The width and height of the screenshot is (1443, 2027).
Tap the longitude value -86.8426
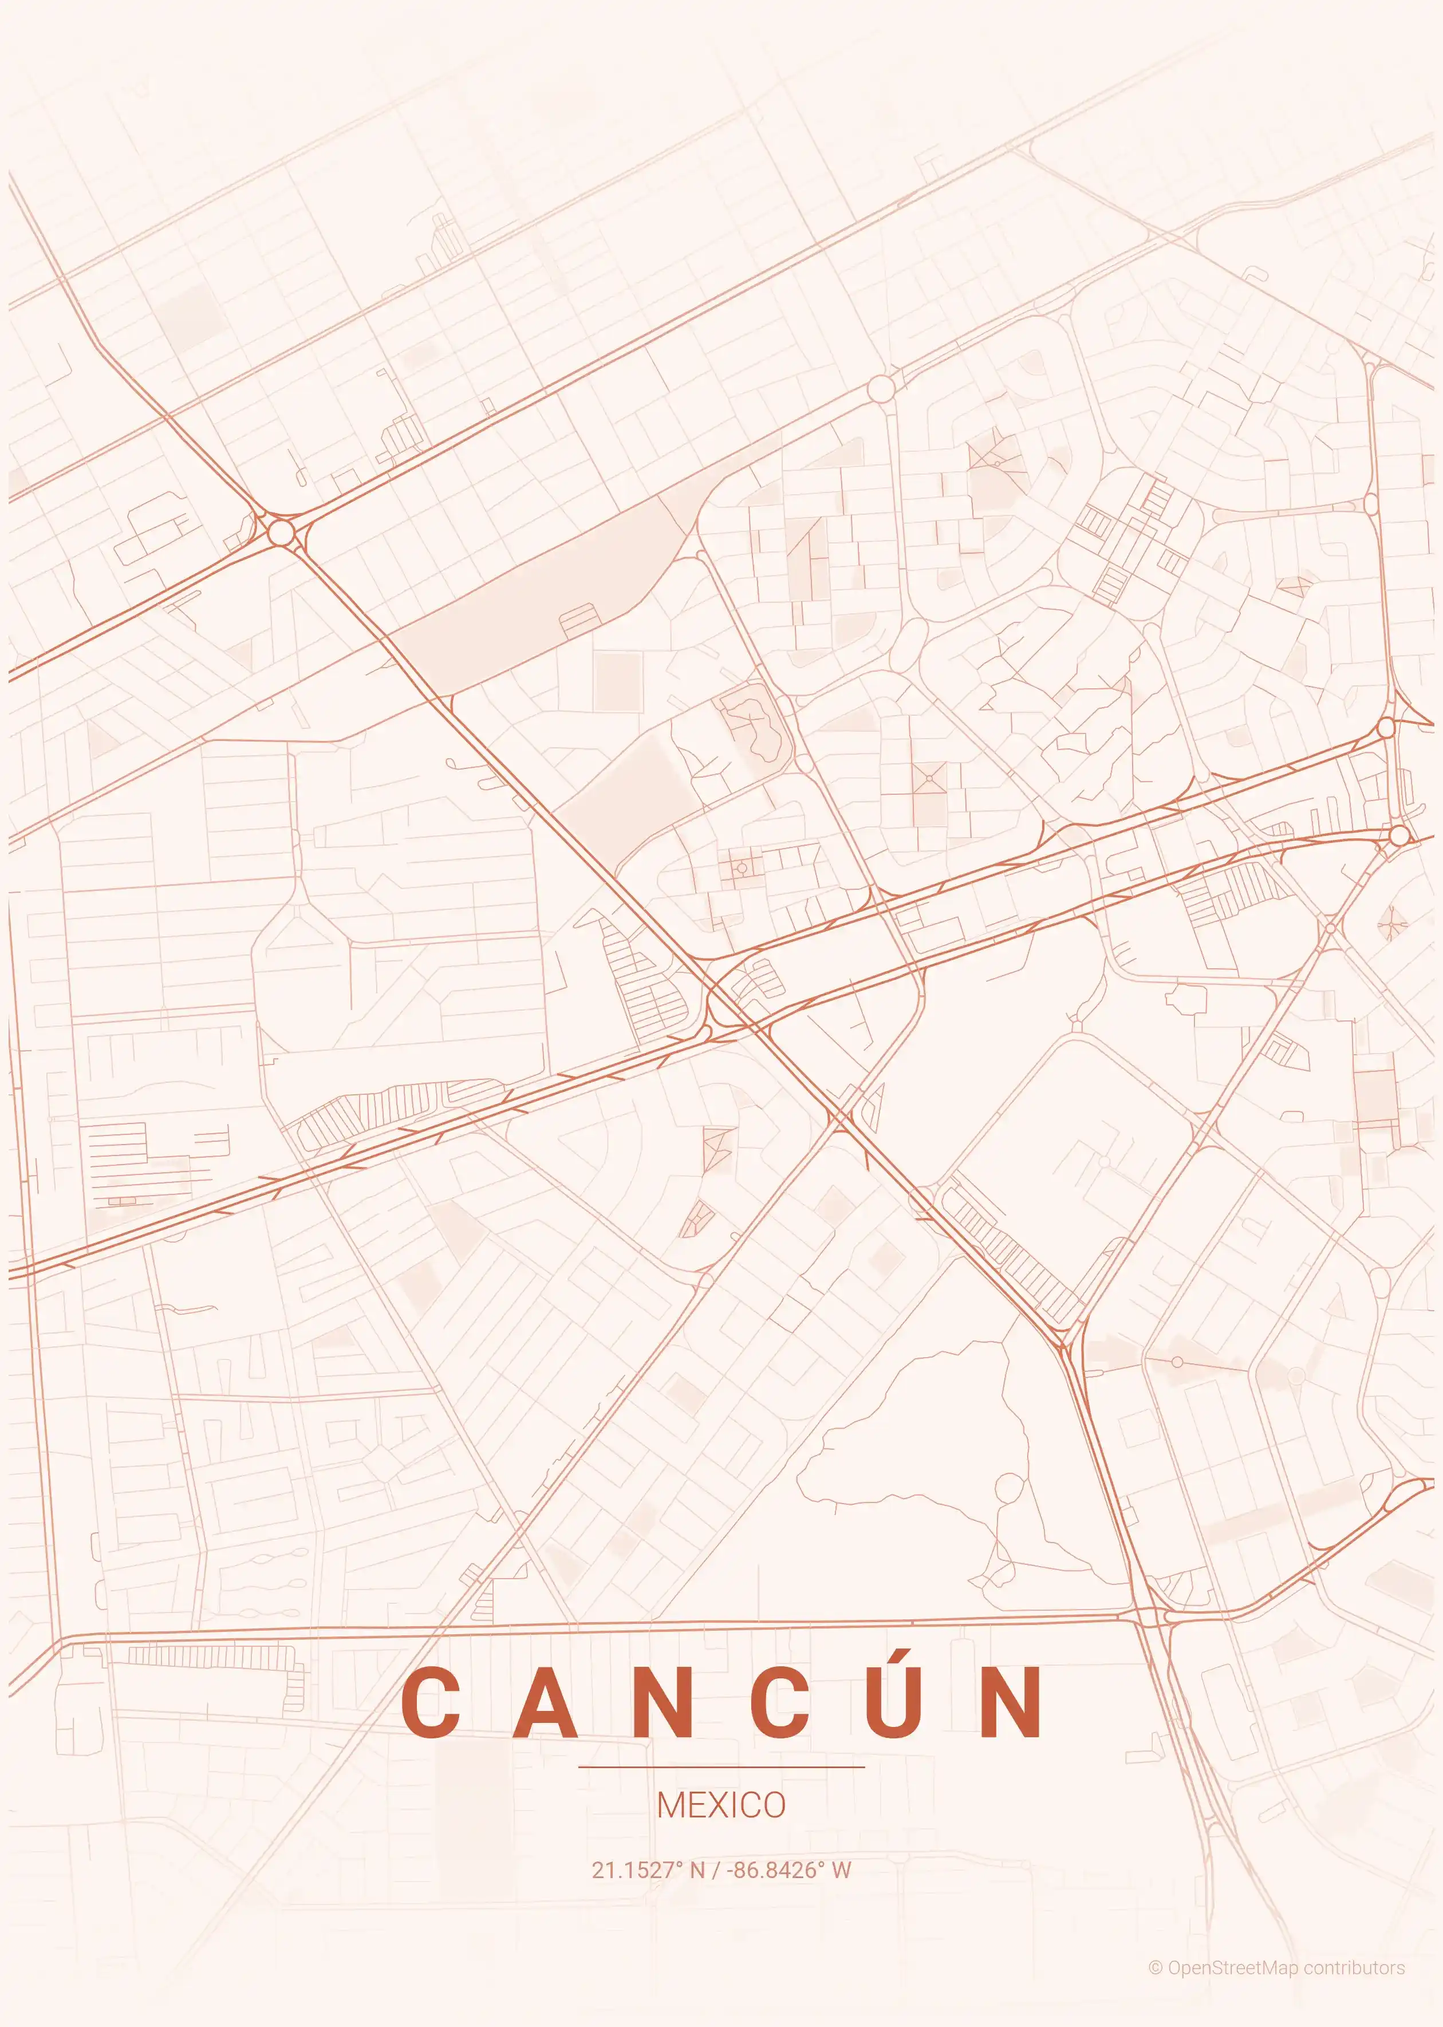pos(772,1870)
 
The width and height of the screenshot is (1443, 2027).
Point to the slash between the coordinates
pos(715,1870)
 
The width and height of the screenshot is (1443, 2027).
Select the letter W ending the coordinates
pos(841,1870)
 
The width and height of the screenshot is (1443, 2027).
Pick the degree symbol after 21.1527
pos(680,1864)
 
